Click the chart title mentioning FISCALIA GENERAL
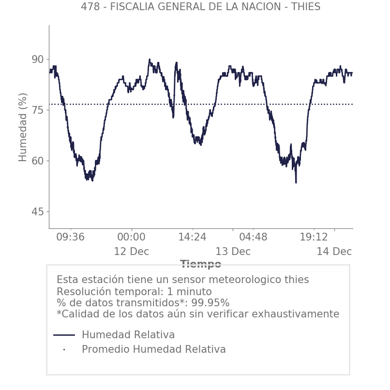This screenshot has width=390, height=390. pyautogui.click(x=200, y=7)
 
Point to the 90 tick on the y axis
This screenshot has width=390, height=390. pyautogui.click(x=38, y=60)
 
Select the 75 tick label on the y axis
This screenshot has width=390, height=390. pyautogui.click(x=38, y=110)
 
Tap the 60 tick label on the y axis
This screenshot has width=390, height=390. pyautogui.click(x=38, y=161)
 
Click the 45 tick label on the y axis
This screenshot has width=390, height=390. pyautogui.click(x=38, y=212)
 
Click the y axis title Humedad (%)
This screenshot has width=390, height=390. pyautogui.click(x=23, y=127)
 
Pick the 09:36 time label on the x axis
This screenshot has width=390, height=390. pyautogui.click(x=71, y=237)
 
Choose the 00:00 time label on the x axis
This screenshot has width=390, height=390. pyautogui.click(x=131, y=237)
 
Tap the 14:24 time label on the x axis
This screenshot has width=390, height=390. pyautogui.click(x=192, y=237)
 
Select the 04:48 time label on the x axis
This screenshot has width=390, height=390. pyautogui.click(x=253, y=237)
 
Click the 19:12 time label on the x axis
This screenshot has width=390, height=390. pyautogui.click(x=314, y=237)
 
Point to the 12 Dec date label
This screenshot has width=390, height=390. pyautogui.click(x=131, y=252)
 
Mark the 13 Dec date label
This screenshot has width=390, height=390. pyautogui.click(x=233, y=252)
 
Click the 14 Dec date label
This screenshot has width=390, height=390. pyautogui.click(x=334, y=252)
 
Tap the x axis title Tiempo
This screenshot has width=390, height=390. pyautogui.click(x=200, y=264)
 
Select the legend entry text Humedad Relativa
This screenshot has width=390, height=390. pyautogui.click(x=128, y=335)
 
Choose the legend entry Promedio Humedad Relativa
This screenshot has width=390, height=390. pyautogui.click(x=153, y=349)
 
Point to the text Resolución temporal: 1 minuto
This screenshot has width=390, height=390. pyautogui.click(x=134, y=292)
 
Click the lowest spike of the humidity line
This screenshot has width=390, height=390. pyautogui.click(x=296, y=182)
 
